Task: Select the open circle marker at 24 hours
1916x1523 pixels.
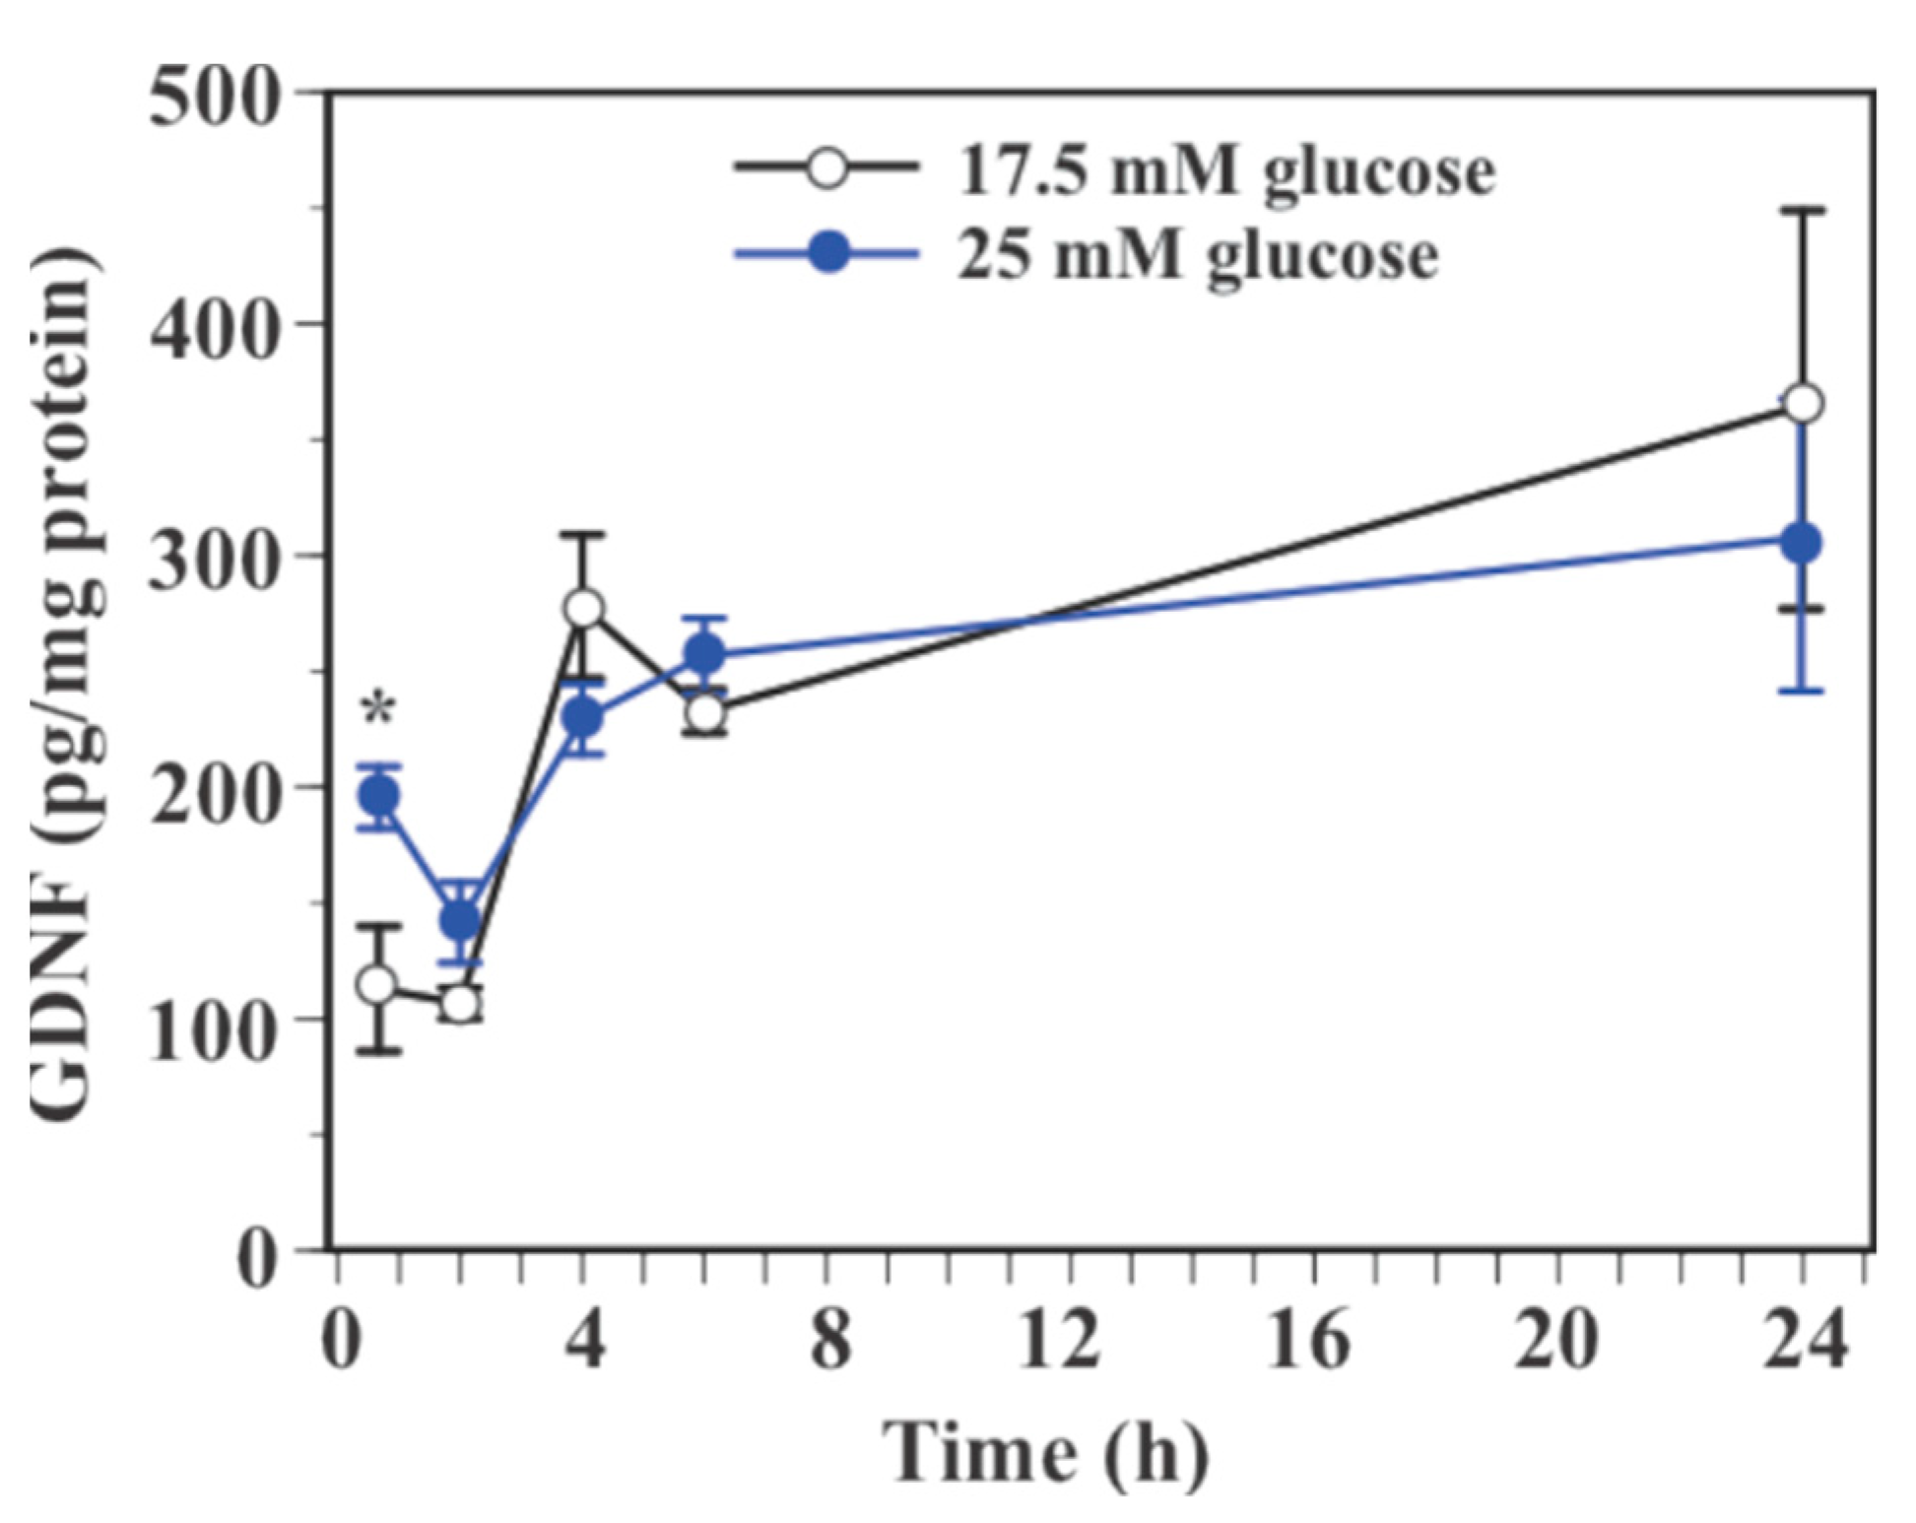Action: click(1803, 404)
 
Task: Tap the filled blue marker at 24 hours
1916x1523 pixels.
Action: click(1803, 543)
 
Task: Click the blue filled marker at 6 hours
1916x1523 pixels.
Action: click(705, 653)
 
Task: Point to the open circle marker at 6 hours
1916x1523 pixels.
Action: click(705, 712)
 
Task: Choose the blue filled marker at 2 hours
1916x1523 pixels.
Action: click(461, 920)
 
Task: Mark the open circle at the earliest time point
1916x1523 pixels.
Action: click(378, 984)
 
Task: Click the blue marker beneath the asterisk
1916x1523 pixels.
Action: click(379, 795)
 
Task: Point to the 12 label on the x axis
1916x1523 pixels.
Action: click(1060, 1341)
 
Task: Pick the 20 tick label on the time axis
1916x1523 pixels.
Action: click(1555, 1341)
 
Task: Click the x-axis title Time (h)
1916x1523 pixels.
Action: click(1045, 1454)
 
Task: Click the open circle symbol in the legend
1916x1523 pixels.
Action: click(827, 167)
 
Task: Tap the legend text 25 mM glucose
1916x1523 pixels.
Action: click(1197, 256)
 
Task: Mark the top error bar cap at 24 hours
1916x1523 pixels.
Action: click(1803, 210)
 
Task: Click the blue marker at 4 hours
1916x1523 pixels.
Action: click(583, 719)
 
